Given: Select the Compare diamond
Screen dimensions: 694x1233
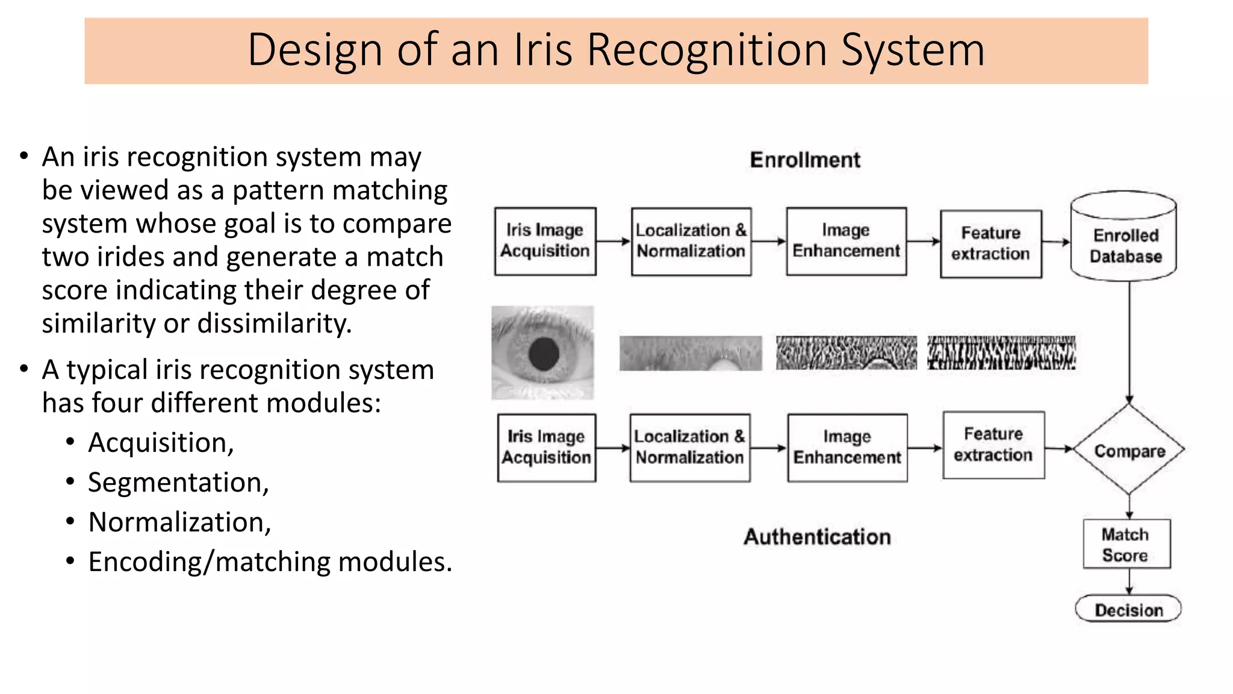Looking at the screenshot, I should [x=1129, y=450].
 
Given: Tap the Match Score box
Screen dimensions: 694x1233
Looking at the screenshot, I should [x=1126, y=544].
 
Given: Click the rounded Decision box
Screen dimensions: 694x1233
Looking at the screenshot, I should [x=1128, y=609].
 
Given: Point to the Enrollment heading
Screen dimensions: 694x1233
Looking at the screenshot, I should [x=805, y=160].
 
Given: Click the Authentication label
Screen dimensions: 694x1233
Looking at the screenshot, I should [x=817, y=536].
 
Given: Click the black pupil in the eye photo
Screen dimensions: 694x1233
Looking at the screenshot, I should [x=544, y=353].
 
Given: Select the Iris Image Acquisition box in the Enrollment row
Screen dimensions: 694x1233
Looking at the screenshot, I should [x=545, y=241].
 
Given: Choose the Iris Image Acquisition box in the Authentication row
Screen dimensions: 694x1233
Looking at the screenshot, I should [x=546, y=447].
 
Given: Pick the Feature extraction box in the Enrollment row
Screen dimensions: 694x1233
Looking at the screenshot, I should [x=990, y=243].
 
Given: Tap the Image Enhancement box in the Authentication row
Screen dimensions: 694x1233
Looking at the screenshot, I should [x=846, y=447].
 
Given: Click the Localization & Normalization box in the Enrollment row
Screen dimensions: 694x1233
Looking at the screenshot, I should [x=691, y=241].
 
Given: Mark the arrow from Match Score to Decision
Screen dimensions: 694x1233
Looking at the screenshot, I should [x=1129, y=581].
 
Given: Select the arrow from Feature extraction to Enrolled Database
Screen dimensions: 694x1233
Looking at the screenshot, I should [x=1056, y=242].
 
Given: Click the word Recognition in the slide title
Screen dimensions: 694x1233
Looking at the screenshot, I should [x=707, y=49].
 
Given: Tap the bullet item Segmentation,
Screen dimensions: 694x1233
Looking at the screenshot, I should [x=178, y=482].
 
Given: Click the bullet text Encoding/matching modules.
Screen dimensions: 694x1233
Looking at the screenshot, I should [x=270, y=561].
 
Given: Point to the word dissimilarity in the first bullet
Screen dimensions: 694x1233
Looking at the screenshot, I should [x=275, y=324].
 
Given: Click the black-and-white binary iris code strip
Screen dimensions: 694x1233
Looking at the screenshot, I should [x=1001, y=353].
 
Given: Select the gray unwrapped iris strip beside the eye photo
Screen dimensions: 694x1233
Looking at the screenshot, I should [x=690, y=353].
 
